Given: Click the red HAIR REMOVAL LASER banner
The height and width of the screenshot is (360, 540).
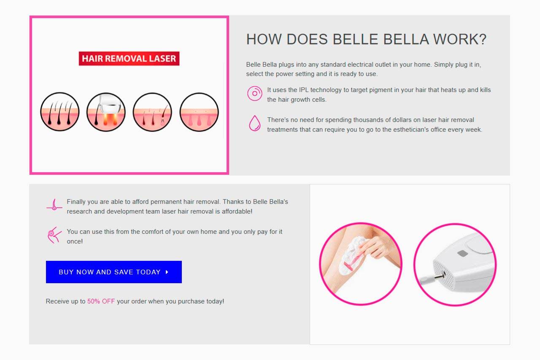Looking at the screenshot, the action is click(129, 58).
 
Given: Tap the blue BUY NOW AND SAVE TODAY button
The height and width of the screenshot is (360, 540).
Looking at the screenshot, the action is click(114, 272).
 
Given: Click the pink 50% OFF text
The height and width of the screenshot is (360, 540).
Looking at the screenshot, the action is click(101, 301).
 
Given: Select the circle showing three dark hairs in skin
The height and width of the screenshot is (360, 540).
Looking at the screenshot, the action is click(60, 112).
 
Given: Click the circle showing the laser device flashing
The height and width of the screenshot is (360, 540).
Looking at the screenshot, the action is click(106, 112).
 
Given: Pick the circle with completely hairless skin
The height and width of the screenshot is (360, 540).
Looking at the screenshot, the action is click(199, 112).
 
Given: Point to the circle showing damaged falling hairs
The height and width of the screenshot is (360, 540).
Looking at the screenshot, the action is click(153, 112).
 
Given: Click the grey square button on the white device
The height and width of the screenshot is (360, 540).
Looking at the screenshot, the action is click(463, 253).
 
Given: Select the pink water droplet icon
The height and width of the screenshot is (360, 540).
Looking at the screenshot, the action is click(254, 123).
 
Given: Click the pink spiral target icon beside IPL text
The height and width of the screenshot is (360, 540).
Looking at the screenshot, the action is click(254, 93).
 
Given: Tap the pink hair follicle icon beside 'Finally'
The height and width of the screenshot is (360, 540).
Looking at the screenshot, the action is click(54, 205).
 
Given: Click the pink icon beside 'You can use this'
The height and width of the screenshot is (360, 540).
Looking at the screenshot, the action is click(54, 235).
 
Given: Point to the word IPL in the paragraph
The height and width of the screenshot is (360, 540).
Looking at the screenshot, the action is click(304, 90).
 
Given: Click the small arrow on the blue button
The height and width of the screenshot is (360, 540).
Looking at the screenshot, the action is click(167, 272).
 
